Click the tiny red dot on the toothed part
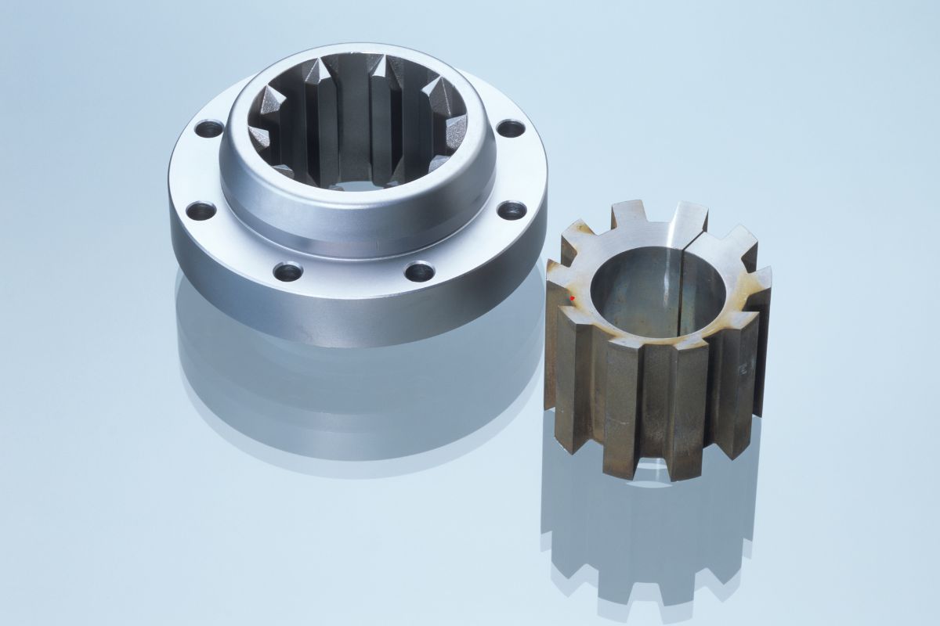click(x=573, y=298)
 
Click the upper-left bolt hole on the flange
click(x=208, y=128)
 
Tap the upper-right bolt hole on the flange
click(x=510, y=128)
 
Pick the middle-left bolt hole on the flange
click(x=201, y=210)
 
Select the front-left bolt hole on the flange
click(x=288, y=272)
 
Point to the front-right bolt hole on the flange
click(x=420, y=272)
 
